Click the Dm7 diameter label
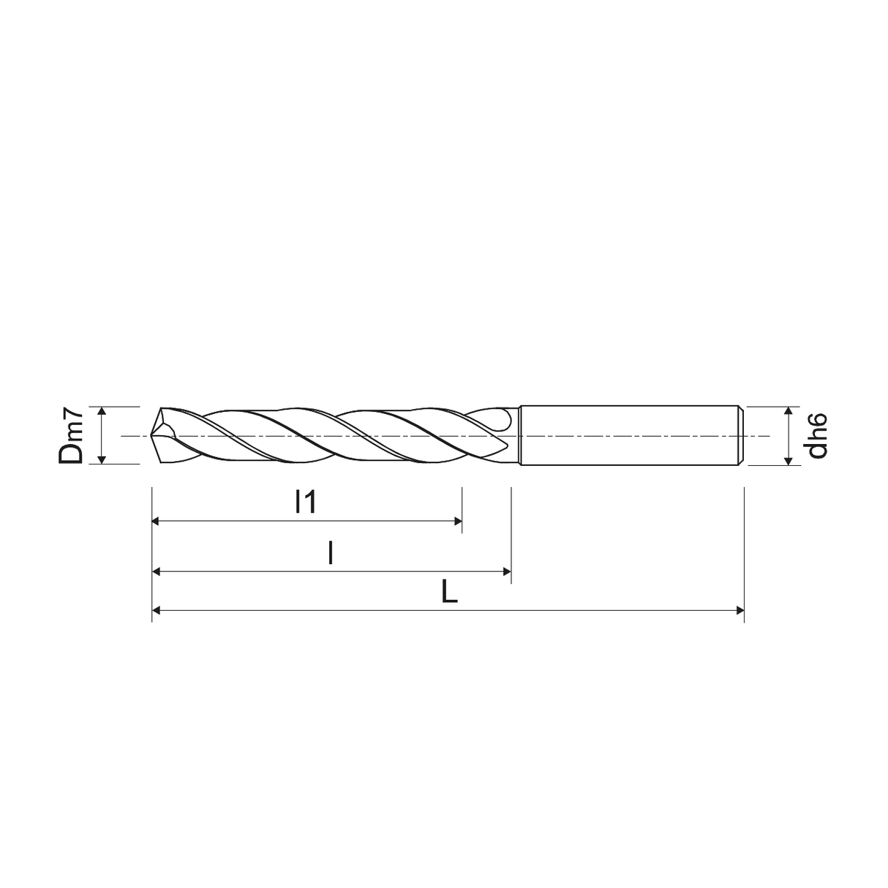pos(71,435)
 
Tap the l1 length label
pos(306,502)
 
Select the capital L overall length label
pos(449,592)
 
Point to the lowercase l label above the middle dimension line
pos(331,552)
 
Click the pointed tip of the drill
pos(151,434)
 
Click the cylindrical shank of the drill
pos(630,435)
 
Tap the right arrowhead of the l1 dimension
pos(458,522)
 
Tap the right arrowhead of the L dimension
pos(740,611)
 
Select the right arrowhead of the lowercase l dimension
pos(507,572)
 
